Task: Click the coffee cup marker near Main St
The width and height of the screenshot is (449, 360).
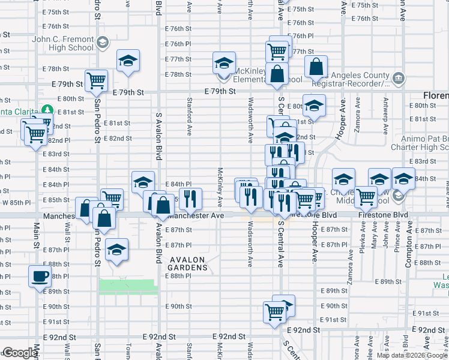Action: pyautogui.click(x=40, y=277)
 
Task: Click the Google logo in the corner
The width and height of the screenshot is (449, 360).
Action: pyautogui.click(x=20, y=353)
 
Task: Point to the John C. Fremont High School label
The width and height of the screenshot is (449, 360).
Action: pyautogui.click(x=64, y=44)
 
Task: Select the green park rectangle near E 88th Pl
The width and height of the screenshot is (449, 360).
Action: pyautogui.click(x=128, y=286)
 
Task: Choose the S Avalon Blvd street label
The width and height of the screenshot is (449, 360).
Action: pyautogui.click(x=159, y=114)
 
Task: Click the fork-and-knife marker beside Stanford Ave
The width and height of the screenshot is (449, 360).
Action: pyautogui.click(x=190, y=197)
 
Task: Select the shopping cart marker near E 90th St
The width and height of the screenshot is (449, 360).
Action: pyautogui.click(x=274, y=311)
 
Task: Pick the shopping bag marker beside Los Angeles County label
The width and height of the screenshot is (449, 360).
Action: pyautogui.click(x=316, y=67)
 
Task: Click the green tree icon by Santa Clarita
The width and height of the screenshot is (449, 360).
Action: pyautogui.click(x=46, y=110)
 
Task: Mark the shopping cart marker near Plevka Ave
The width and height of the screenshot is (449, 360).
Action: pyautogui.click(x=366, y=196)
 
